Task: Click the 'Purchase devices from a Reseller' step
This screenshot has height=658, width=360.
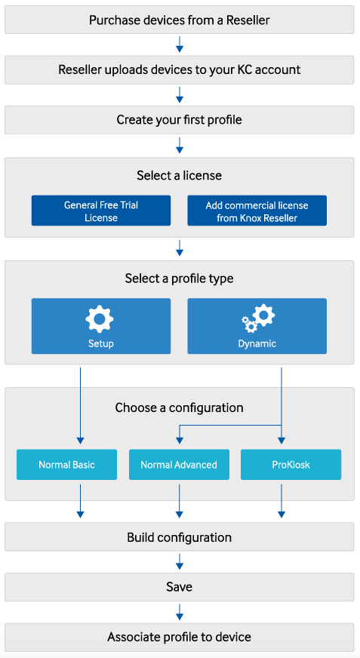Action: (x=180, y=20)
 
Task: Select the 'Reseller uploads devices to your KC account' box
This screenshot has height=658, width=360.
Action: (x=180, y=70)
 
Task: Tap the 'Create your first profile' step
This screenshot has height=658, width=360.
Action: (x=180, y=120)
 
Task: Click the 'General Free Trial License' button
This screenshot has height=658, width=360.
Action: (x=101, y=211)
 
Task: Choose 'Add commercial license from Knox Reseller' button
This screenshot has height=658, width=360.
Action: (x=257, y=211)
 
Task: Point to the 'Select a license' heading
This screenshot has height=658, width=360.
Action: (x=180, y=176)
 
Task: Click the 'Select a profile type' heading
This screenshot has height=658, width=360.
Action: (x=180, y=278)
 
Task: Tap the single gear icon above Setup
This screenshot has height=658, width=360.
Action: (x=100, y=319)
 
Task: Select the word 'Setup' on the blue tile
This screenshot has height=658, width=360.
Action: (x=100, y=343)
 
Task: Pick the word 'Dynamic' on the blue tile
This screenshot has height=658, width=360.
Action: (x=257, y=343)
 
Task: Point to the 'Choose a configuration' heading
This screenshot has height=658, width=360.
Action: (x=180, y=407)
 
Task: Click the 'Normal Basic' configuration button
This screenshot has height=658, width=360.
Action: (x=66, y=465)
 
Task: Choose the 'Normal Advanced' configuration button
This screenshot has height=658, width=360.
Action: (x=179, y=465)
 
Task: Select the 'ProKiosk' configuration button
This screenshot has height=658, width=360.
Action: (x=291, y=465)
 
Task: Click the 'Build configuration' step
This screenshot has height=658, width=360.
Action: (x=180, y=537)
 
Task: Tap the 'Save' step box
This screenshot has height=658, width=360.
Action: (x=180, y=586)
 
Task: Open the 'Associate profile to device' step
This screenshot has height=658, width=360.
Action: (x=180, y=637)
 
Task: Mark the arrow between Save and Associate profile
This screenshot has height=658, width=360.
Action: (x=180, y=611)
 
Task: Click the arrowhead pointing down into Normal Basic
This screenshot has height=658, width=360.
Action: (x=80, y=440)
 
